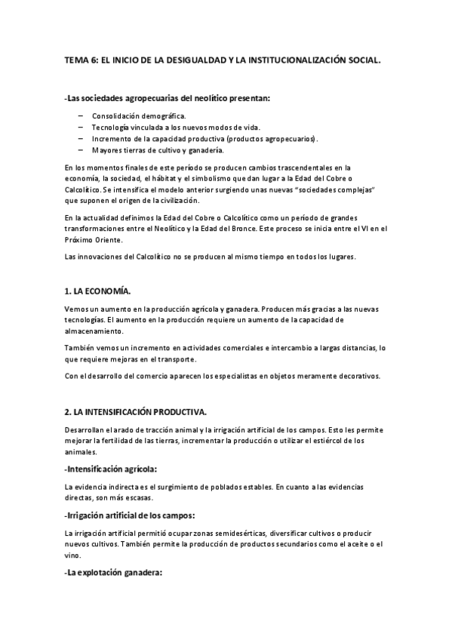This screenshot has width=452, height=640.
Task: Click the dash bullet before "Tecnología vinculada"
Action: click(x=80, y=128)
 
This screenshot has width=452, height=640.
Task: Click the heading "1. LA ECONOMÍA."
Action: click(x=101, y=291)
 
